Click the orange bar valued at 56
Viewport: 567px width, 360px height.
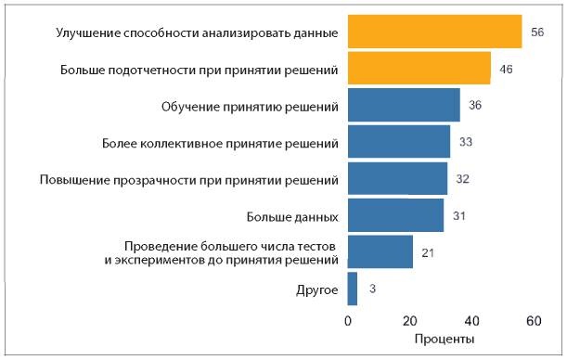tap(434, 32)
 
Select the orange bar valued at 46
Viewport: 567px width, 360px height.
tap(419, 69)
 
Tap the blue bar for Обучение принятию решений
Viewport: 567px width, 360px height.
tap(403, 105)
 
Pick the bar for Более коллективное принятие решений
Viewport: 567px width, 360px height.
tap(398, 141)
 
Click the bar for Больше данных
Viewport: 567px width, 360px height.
tap(395, 215)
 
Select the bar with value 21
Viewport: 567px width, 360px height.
tap(380, 251)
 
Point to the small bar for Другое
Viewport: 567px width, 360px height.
tap(352, 289)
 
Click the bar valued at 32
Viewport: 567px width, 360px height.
tap(397, 178)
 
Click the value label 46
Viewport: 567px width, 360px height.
tap(506, 70)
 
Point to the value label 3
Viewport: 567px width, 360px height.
tap(372, 289)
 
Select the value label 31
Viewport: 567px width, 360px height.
tap(459, 215)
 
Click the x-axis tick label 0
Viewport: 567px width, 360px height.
tap(348, 321)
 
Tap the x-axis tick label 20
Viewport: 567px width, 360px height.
tap(409, 321)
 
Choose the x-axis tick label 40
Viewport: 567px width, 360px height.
tap(471, 321)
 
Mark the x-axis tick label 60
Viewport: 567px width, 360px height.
tap(533, 321)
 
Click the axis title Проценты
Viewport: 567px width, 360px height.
tap(445, 340)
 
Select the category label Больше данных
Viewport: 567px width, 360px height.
tap(291, 216)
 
